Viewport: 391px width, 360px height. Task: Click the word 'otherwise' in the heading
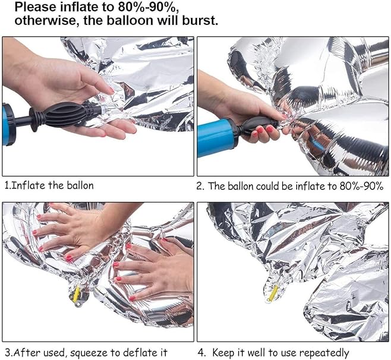point(47,20)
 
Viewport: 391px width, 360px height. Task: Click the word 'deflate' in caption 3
point(137,352)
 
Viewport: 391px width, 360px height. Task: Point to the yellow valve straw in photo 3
point(76,293)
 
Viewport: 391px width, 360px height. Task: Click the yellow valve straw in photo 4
point(273,292)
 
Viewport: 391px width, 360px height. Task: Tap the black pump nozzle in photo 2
point(257,127)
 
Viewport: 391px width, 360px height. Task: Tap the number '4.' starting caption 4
point(201,353)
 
